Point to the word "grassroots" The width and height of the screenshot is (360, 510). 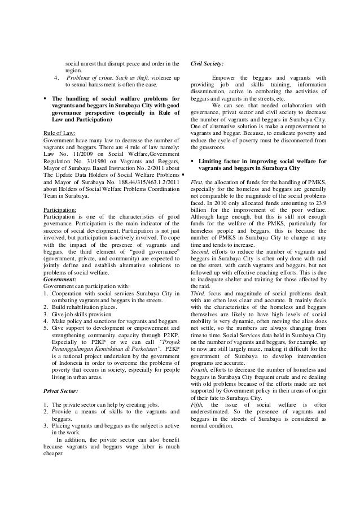pyautogui.click(x=208, y=147)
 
